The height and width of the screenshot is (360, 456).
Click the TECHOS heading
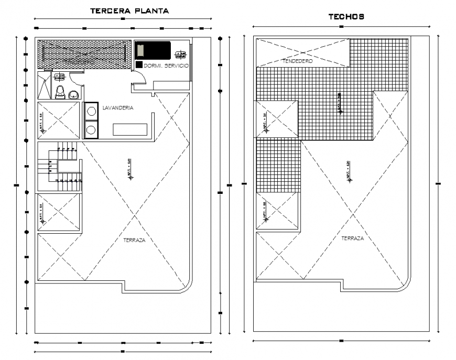point(346,17)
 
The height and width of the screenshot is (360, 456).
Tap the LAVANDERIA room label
point(118,107)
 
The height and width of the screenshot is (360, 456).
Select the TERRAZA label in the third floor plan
point(134,241)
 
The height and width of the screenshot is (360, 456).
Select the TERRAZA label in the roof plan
point(352,238)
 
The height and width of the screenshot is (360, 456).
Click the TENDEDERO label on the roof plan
point(298,61)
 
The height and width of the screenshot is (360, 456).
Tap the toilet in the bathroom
point(60,92)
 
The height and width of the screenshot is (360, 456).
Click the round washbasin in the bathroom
point(74,94)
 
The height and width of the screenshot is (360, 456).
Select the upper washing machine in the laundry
point(92,111)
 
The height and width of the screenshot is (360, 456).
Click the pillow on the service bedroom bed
point(140,50)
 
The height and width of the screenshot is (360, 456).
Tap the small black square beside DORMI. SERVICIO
point(139,64)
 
